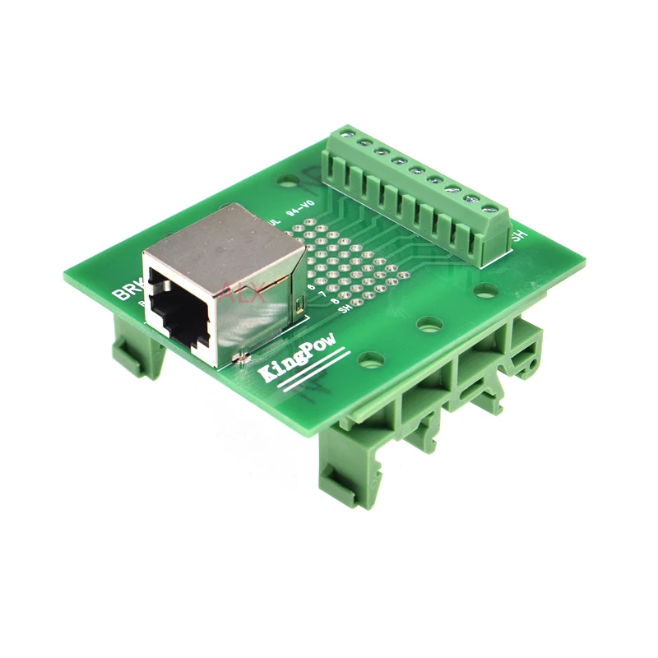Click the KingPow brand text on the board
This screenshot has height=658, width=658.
click(x=295, y=362)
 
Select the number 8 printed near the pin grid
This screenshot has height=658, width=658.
click(x=335, y=302)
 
